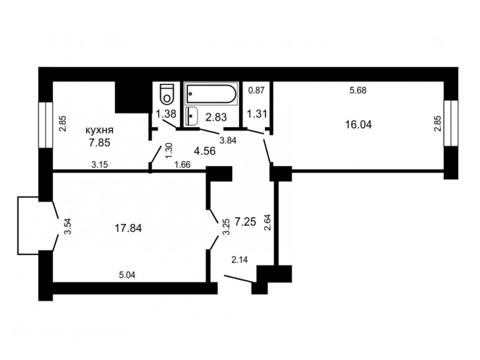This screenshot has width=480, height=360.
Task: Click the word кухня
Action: click(99, 130)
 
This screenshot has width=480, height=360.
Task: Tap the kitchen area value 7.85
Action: click(99, 143)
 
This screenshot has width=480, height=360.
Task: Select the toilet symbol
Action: click(167, 94)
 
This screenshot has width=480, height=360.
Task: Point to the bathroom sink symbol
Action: click(192, 116)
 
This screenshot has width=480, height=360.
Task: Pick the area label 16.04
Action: click(358, 125)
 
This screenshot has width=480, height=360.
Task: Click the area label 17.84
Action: click(128, 228)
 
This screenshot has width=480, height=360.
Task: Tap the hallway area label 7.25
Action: click(245, 222)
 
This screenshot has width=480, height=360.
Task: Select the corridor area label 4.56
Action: click(205, 151)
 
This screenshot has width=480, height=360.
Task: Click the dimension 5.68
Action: click(358, 90)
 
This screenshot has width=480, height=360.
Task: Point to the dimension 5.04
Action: click(127, 275)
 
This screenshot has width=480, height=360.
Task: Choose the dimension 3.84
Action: click(228, 141)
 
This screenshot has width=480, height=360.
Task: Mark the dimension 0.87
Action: click(256, 90)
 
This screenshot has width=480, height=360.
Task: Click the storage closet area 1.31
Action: click(257, 114)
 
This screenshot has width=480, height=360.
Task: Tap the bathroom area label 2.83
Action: click(216, 117)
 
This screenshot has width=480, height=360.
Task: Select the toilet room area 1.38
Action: click(166, 114)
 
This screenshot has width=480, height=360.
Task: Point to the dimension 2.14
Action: click(240, 260)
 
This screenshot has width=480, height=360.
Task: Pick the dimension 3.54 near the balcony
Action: click(68, 226)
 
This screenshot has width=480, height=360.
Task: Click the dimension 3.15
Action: click(99, 165)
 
